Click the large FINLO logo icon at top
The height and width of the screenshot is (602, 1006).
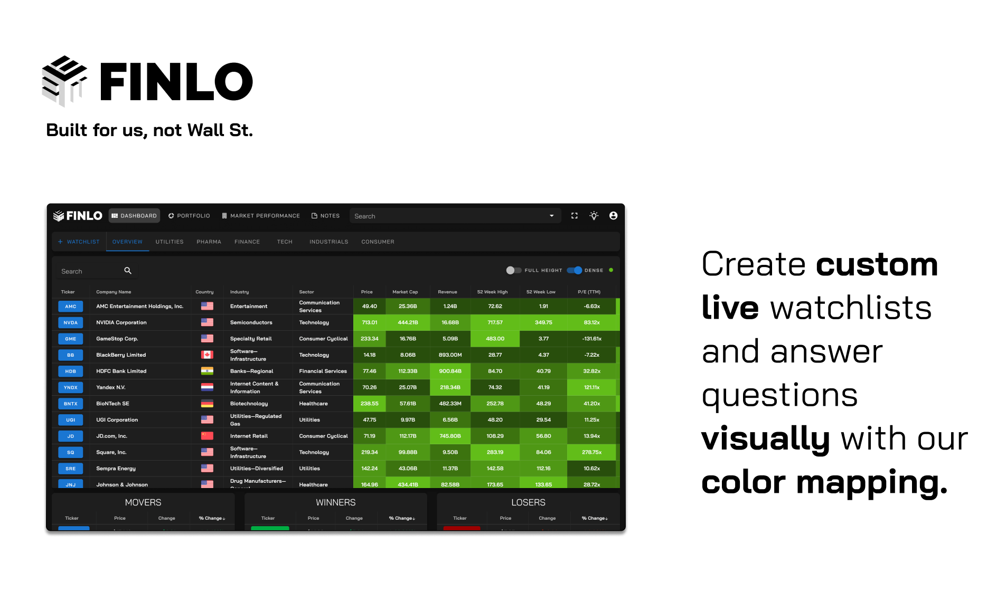coord(64,81)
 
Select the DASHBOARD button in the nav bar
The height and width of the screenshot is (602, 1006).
coord(134,216)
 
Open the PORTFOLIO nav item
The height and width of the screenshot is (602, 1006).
coord(189,216)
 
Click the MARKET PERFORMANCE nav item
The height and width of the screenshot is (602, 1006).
coord(261,216)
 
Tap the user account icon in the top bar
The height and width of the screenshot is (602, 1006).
coord(613,216)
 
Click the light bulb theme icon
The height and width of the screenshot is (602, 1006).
coord(594,216)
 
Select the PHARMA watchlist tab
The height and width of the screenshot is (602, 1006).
coord(209,242)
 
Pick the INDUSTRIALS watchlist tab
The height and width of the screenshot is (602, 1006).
coord(328,242)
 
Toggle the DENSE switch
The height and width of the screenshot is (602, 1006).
coord(575,270)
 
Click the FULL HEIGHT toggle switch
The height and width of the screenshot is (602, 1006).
coord(513,270)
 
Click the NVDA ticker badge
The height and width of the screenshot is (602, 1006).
coord(71,323)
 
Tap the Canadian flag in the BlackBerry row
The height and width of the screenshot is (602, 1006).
coord(207,355)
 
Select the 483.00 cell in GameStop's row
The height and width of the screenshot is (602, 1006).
coord(495,339)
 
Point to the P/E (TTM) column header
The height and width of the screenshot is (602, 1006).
coord(589,292)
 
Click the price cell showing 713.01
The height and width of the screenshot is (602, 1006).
coord(369,322)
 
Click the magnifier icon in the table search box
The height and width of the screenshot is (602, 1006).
coord(128,271)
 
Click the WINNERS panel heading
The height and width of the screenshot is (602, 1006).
coord(335,502)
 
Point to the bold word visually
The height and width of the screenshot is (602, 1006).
coord(765,438)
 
